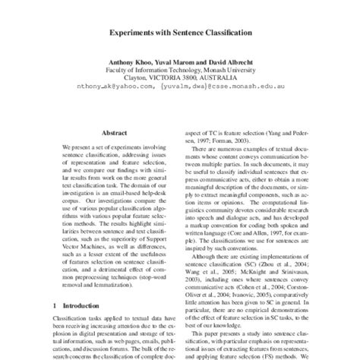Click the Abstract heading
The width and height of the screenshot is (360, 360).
coord(117,131)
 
